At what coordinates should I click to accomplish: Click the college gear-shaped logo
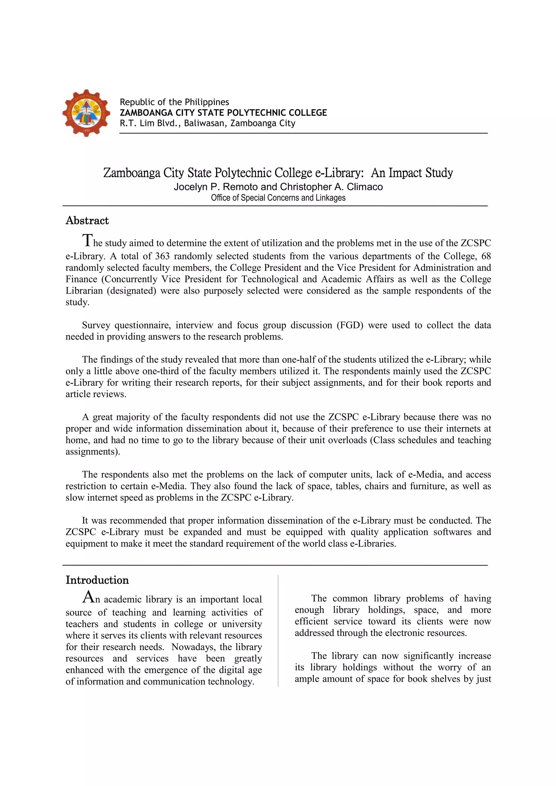point(86,113)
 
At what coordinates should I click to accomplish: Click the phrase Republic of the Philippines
point(174,102)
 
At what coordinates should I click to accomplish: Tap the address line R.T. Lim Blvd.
point(151,123)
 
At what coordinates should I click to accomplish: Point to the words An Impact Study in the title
point(412,173)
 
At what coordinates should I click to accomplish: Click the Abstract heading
point(87,221)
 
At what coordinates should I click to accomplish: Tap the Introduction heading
point(97,580)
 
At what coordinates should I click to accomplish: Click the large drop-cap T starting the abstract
point(87,240)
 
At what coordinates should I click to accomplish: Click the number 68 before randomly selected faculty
point(486,256)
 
